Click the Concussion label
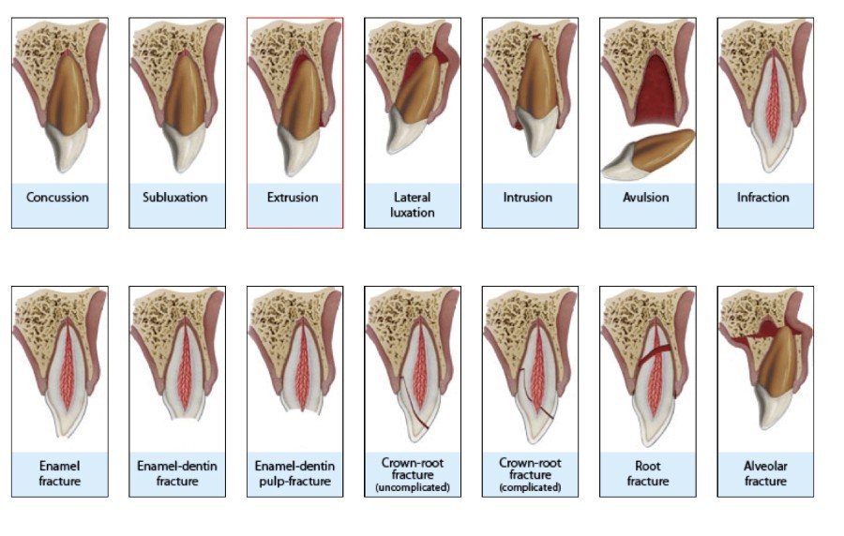point(58,198)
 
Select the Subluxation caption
point(175,198)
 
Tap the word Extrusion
point(294,198)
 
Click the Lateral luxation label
point(413,204)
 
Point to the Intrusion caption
point(529,198)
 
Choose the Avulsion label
point(647,198)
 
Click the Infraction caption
point(764,198)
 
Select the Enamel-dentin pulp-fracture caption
point(294,474)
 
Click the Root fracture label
point(647,474)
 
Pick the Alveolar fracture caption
point(764,474)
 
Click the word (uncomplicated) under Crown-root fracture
point(413,487)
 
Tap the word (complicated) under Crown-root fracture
point(530,487)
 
